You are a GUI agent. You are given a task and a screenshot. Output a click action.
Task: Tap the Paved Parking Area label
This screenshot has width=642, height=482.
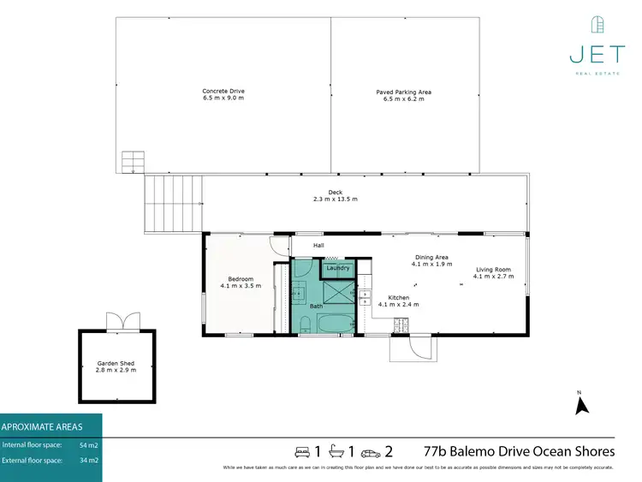(x=403, y=92)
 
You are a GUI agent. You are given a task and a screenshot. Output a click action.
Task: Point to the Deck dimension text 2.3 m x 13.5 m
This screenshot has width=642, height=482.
(x=335, y=199)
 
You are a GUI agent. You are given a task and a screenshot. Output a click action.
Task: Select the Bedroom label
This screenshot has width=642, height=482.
(x=241, y=278)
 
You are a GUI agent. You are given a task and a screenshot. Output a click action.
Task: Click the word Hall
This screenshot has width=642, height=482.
(x=318, y=246)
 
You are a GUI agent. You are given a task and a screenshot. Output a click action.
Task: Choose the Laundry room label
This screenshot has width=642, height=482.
(x=338, y=268)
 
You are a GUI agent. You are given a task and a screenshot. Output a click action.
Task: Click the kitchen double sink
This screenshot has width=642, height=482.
(x=365, y=298)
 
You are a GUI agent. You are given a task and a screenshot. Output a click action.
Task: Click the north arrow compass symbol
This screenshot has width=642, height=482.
(x=581, y=402)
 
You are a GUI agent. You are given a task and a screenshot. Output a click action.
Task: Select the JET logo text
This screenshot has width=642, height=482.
(x=597, y=54)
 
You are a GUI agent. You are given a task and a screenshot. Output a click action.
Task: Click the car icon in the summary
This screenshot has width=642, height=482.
(x=371, y=452)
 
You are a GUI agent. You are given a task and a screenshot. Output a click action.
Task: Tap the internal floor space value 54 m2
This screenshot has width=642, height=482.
(x=88, y=445)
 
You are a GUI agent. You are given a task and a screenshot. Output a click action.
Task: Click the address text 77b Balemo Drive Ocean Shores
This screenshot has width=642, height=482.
(x=519, y=451)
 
